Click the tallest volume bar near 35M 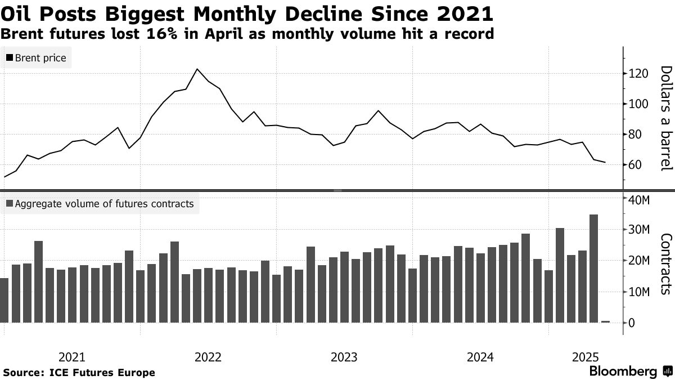(593, 268)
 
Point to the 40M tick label (640, 200)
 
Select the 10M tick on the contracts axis (640, 292)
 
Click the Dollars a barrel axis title (665, 118)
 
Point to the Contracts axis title (665, 263)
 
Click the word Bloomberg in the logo (623, 372)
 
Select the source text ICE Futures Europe (102, 373)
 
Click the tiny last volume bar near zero (605, 321)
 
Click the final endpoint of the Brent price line (605, 162)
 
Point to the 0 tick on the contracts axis (632, 323)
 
